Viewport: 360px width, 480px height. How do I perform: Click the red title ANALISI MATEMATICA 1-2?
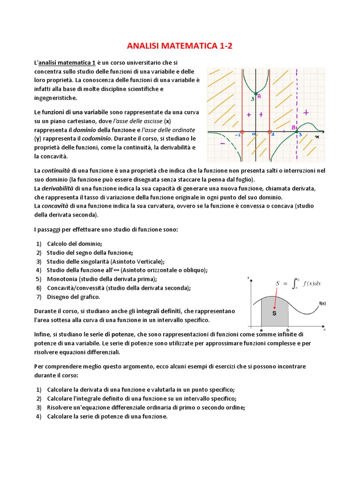(x=180, y=46)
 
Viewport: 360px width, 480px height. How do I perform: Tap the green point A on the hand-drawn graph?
(x=255, y=94)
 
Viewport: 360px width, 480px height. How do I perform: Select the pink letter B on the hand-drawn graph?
(x=293, y=127)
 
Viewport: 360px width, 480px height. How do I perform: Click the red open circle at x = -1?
(x=242, y=132)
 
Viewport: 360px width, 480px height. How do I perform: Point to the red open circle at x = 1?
(x=270, y=132)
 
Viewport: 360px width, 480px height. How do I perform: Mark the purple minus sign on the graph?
(x=222, y=143)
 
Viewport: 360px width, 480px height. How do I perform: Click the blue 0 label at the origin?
(x=253, y=135)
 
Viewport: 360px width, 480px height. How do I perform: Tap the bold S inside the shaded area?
(x=274, y=313)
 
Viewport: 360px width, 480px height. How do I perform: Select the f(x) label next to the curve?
(x=322, y=303)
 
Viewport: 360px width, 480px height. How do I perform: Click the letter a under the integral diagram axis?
(x=261, y=330)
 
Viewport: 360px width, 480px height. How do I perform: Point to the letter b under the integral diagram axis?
(x=287, y=330)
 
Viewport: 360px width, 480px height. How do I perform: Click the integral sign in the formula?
(x=294, y=283)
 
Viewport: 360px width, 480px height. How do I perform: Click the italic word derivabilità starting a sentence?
(x=57, y=188)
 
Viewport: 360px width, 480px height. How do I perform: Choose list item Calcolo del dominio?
(x=74, y=243)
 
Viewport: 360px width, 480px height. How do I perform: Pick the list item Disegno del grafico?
(x=73, y=297)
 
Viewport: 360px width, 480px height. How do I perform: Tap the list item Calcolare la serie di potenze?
(x=107, y=416)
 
